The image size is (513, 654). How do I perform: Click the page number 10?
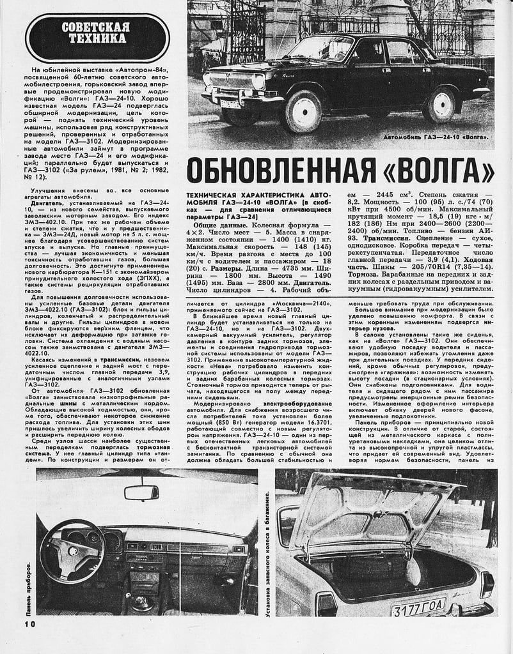coord(31,623)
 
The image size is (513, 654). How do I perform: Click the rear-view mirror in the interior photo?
coord(141,492)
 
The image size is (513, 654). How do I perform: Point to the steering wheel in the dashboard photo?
coord(72,550)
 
